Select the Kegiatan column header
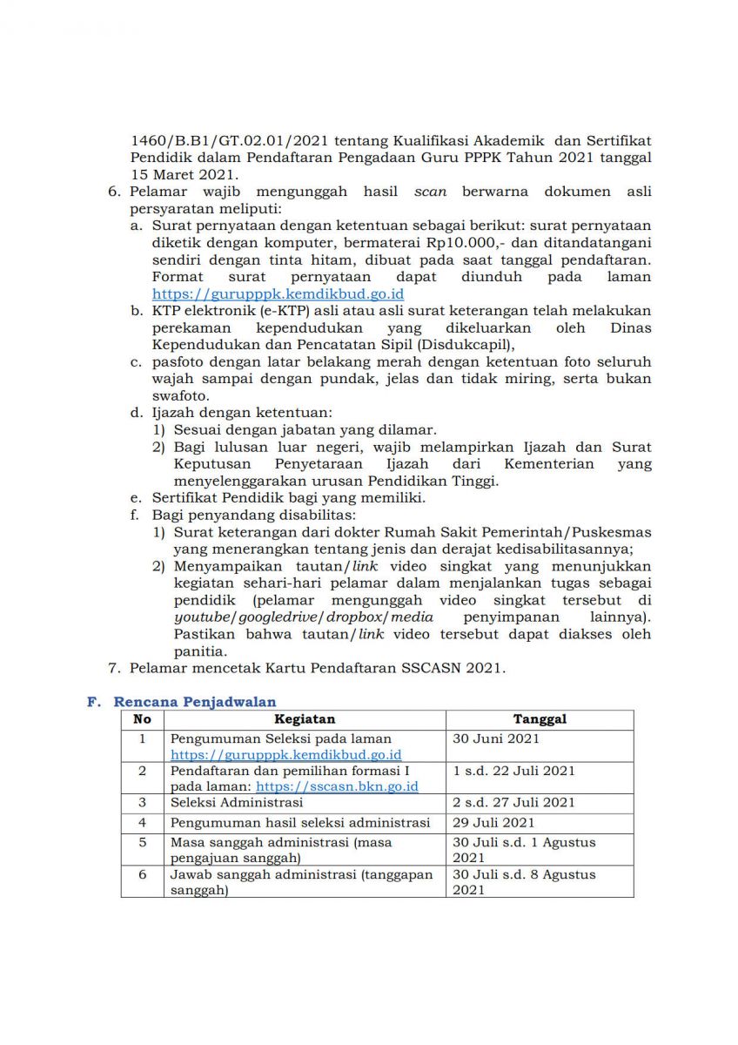[305, 719]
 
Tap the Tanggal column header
[540, 719]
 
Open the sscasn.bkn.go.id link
[337, 786]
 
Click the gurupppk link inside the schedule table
[285, 755]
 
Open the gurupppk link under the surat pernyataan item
[278, 294]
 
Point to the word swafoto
[180, 396]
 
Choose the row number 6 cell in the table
[143, 874]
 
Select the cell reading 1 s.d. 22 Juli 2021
[513, 771]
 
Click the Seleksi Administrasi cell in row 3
[237, 802]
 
